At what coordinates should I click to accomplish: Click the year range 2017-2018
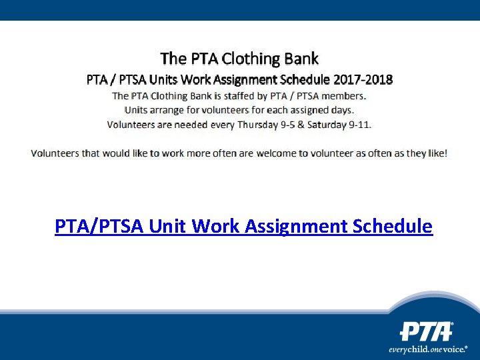click(x=363, y=79)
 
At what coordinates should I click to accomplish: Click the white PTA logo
click(x=426, y=331)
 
